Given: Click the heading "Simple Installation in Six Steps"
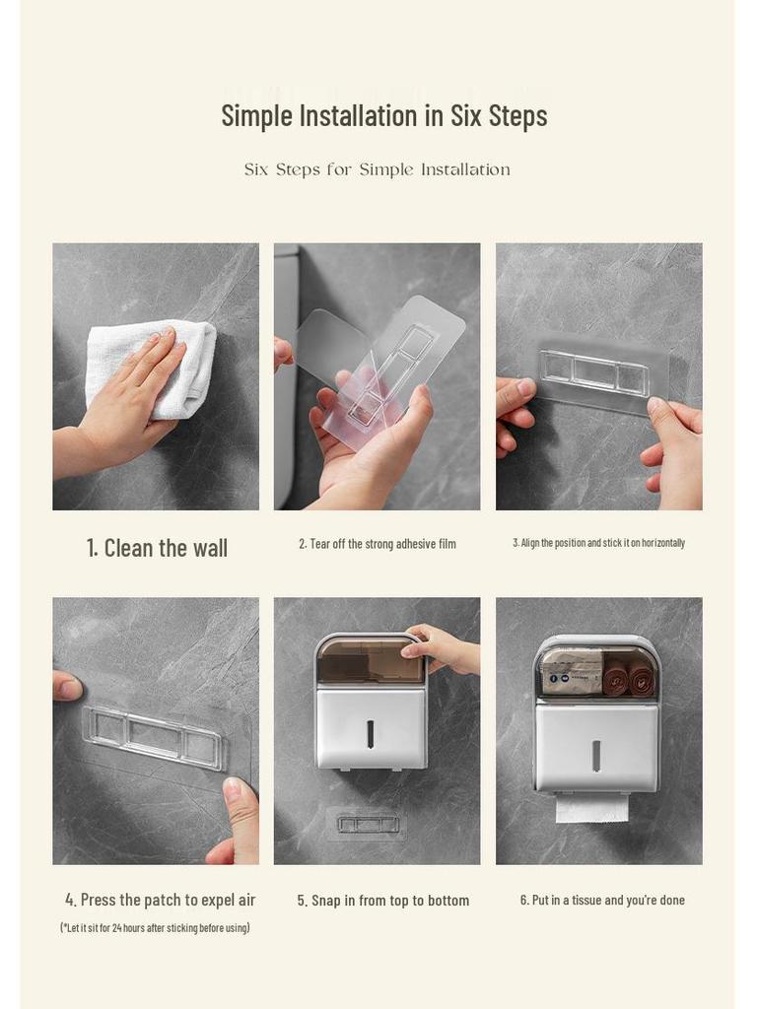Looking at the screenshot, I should point(383,115).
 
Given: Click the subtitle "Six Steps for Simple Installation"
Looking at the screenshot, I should point(378,169).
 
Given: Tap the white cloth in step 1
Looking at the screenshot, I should point(158,367).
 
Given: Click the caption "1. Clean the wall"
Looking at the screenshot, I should point(157,549).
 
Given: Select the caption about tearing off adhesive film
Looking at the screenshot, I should point(378,544).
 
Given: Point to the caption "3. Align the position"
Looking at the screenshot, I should point(598,543).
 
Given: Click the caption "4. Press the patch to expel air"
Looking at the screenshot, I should point(161,900).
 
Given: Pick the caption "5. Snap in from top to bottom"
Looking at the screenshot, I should point(383,901).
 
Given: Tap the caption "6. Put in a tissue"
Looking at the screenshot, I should point(602,900).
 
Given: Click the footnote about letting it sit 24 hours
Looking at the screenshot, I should point(155,927).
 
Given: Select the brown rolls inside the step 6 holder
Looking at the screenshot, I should point(628,678).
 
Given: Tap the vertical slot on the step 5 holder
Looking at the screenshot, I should point(371,733).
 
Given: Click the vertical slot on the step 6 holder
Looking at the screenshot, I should point(595,755).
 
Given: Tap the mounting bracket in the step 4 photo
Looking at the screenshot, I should point(154,736).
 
